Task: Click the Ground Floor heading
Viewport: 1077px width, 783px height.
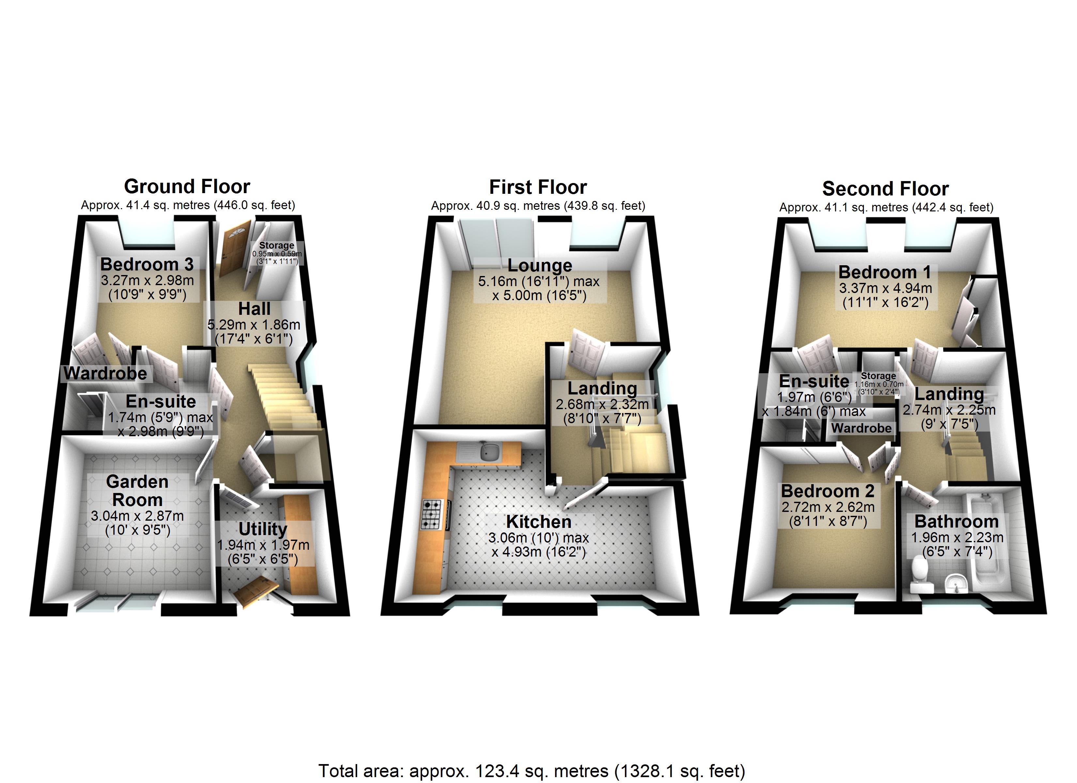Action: click(x=187, y=187)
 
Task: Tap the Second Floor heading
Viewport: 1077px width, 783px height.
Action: click(x=885, y=189)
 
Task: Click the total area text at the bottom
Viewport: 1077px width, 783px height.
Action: click(x=531, y=771)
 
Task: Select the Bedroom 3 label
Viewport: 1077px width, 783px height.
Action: click(x=147, y=264)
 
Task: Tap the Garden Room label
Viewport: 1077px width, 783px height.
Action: click(x=137, y=490)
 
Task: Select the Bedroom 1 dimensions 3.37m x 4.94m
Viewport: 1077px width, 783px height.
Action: click(x=885, y=288)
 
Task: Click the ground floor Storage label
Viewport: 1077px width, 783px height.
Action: click(x=276, y=245)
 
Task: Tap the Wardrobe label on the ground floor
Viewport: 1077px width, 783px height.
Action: click(x=105, y=373)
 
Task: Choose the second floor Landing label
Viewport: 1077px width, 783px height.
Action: click(x=949, y=394)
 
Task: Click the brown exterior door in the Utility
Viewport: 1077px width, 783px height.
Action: click(x=257, y=591)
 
